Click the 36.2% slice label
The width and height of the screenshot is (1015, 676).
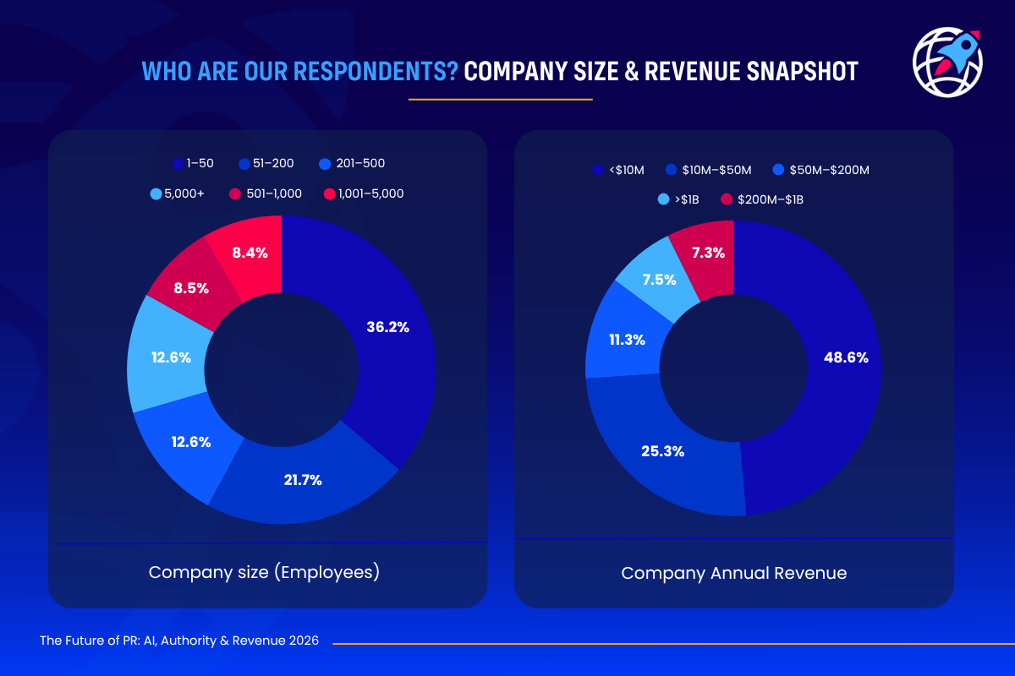(x=388, y=327)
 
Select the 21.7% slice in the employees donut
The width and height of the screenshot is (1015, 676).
(x=302, y=480)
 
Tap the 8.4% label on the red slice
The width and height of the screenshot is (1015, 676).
(x=250, y=252)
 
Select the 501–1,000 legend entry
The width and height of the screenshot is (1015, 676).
(x=266, y=194)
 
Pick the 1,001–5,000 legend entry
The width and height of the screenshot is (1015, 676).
(x=364, y=194)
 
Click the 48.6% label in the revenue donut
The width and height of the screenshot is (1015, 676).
(x=846, y=357)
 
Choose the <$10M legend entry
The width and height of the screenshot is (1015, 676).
(x=619, y=170)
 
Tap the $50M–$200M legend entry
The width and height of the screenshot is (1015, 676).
(x=821, y=170)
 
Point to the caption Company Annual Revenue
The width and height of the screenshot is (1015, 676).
(x=733, y=573)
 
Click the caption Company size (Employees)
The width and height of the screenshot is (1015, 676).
(x=264, y=572)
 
